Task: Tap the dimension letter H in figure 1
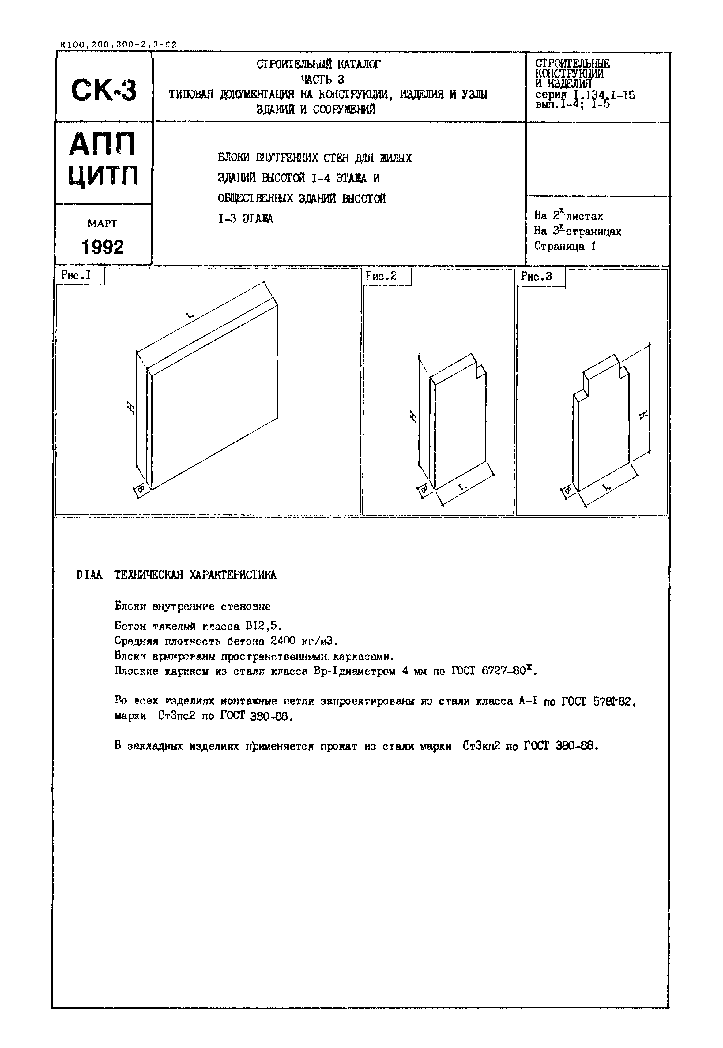point(130,408)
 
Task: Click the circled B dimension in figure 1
point(141,489)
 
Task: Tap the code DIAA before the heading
point(90,575)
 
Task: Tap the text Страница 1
point(565,246)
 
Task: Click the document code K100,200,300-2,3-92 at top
point(118,45)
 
